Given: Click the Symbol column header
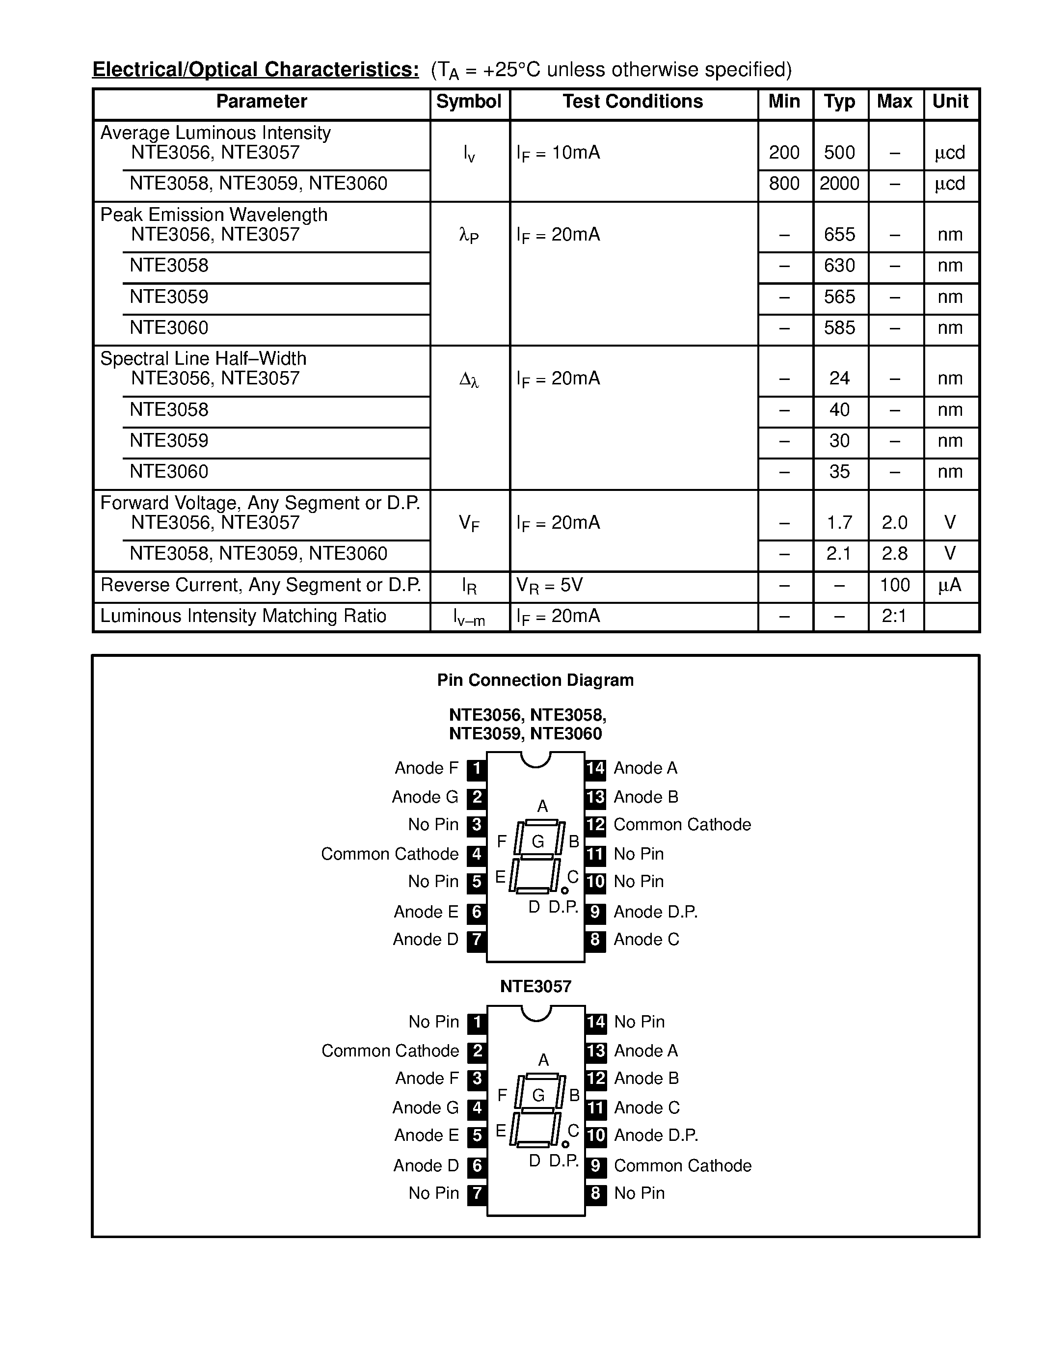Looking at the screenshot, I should [x=468, y=102].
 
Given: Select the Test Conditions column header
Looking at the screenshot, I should [x=632, y=102].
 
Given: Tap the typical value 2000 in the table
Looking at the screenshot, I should [x=839, y=184].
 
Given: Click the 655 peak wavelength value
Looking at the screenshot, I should [x=839, y=234].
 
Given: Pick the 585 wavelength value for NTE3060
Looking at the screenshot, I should [x=839, y=327].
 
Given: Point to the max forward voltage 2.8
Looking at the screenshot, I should [x=894, y=554].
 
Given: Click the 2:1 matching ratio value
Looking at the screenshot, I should [x=894, y=616].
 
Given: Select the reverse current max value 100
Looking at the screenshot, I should [x=894, y=585].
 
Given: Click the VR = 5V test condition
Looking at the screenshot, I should [x=549, y=585].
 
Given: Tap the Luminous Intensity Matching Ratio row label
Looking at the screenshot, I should [x=243, y=616].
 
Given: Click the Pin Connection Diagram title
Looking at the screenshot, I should [x=535, y=680].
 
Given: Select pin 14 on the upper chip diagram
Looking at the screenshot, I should [x=595, y=768].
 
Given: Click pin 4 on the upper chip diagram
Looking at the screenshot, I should [x=477, y=854].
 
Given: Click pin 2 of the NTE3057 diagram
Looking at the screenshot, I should [x=477, y=1051].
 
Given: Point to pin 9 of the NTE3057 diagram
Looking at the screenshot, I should [x=595, y=1166].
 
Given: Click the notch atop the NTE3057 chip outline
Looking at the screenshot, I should [x=535, y=1012].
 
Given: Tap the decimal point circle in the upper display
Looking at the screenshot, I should [x=564, y=891].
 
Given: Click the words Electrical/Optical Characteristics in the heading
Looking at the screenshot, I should [x=255, y=69].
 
